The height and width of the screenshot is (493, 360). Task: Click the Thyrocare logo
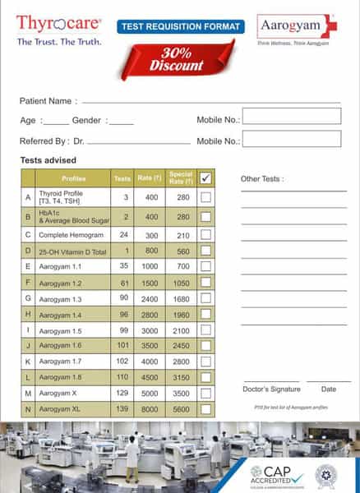[58, 23]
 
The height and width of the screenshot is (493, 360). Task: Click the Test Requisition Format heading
[182, 26]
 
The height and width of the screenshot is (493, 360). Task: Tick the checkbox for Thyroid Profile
[205, 197]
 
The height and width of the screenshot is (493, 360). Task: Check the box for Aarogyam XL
[205, 408]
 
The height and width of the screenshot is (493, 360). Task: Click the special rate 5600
[181, 408]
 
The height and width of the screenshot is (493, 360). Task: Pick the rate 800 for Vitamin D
[152, 251]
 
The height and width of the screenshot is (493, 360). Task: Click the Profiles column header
[73, 178]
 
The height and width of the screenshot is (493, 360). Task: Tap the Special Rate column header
[181, 177]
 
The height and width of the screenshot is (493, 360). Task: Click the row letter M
[29, 394]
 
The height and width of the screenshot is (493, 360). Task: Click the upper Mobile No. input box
[291, 116]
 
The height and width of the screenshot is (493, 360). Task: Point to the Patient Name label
[45, 101]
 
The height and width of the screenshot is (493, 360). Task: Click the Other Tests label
[263, 178]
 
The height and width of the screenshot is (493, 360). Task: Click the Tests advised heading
[48, 159]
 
